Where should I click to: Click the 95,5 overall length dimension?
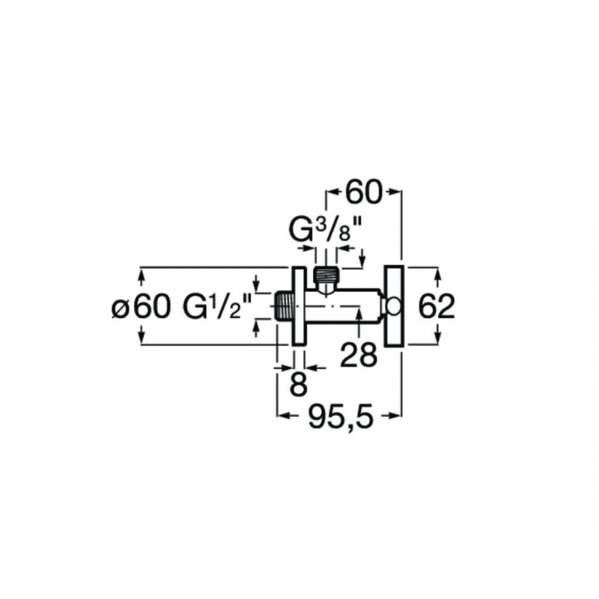pyautogui.click(x=340, y=416)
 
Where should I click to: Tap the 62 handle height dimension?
pyautogui.click(x=437, y=306)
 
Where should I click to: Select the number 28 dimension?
pyautogui.click(x=359, y=355)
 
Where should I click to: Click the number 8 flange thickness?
pyautogui.click(x=299, y=383)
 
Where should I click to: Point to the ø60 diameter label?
pyautogui.click(x=140, y=306)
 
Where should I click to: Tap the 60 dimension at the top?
pyautogui.click(x=363, y=192)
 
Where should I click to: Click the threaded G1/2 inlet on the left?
pyautogui.click(x=283, y=306)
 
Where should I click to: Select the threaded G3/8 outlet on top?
pyautogui.click(x=326, y=275)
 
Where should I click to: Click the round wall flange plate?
pyautogui.click(x=298, y=306)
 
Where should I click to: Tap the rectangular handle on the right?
pyautogui.click(x=395, y=306)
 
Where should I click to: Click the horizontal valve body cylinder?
pyautogui.click(x=343, y=306)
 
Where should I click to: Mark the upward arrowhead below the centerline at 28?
pyautogui.click(x=358, y=314)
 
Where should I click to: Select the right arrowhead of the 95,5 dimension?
pyautogui.click(x=395, y=416)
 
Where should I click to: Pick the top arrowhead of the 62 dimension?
pyautogui.click(x=438, y=275)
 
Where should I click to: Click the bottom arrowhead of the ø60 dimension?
pyautogui.click(x=142, y=337)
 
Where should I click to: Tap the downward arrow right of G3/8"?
pyautogui.click(x=362, y=257)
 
